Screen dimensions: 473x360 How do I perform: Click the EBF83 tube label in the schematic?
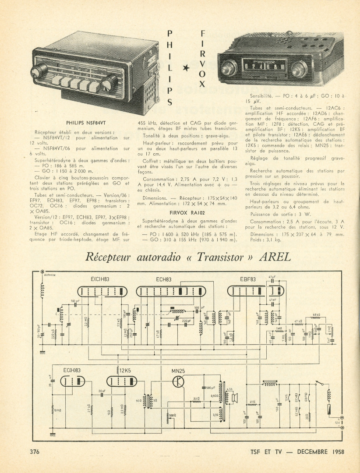coord(248,279)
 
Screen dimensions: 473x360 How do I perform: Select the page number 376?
coord(36,452)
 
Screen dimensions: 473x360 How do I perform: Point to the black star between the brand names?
coord(186,67)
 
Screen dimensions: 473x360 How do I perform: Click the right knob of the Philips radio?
coord(109,82)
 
